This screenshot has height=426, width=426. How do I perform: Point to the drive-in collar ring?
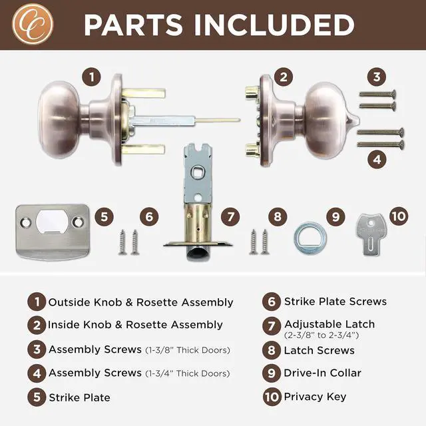[309, 236]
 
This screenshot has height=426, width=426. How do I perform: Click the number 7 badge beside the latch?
[230, 216]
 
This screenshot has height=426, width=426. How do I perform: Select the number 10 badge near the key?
[397, 216]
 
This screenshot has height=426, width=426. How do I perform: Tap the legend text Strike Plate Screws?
[335, 301]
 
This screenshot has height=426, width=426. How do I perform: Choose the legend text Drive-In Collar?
[322, 372]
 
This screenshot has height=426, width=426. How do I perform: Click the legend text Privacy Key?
[315, 397]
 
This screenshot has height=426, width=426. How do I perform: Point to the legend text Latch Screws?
[319, 350]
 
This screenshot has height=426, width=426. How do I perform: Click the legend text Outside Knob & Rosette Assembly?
[140, 302]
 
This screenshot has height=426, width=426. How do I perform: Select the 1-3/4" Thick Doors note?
[188, 373]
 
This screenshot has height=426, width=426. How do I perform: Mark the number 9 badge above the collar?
[335, 216]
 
